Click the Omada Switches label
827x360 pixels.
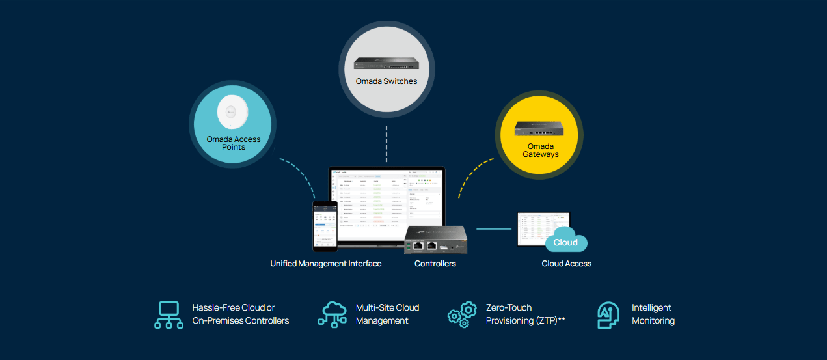pos(386,81)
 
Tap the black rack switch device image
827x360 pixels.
pos(386,63)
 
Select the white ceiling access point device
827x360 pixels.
pos(232,112)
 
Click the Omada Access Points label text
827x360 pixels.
pos(233,143)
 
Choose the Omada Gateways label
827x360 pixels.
pos(541,150)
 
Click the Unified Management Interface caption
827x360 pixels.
pos(325,264)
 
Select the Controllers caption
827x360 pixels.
pos(435,264)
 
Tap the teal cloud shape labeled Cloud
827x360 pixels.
pos(565,241)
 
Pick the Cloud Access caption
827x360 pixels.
pos(566,264)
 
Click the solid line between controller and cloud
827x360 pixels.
pos(493,229)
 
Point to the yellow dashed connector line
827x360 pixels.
pos(472,176)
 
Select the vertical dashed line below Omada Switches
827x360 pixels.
pos(386,144)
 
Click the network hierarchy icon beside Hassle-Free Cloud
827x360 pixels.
pos(169,314)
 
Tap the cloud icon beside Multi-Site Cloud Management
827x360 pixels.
pos(332,314)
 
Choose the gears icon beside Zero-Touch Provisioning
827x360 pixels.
pos(461,314)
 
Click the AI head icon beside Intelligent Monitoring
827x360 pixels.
pos(608,314)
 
